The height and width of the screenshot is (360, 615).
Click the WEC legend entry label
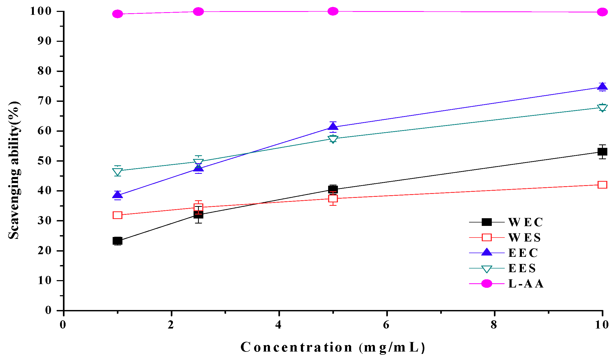tap(525, 222)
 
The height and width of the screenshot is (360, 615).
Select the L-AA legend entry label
tap(526, 284)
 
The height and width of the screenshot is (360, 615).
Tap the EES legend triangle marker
tap(487, 269)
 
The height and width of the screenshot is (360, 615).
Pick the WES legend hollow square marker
tap(487, 237)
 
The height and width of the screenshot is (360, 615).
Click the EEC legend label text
tap(523, 253)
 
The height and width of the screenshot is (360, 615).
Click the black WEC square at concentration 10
tap(602, 152)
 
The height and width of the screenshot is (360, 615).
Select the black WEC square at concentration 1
tap(117, 241)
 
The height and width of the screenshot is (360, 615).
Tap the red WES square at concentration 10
tap(602, 185)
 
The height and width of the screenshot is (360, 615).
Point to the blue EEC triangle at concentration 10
tap(602, 87)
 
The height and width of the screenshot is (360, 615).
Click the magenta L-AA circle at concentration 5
tap(333, 11)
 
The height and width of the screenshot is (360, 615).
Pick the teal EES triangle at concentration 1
tap(117, 172)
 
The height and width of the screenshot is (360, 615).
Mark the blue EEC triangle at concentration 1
tap(117, 195)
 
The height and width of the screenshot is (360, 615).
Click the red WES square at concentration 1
tap(117, 215)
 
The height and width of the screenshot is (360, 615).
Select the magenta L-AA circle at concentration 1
tap(117, 14)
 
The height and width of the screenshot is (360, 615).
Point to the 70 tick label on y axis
tap(44, 101)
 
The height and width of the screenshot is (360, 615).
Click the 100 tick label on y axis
tap(40, 11)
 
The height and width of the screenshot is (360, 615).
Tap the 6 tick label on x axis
tap(386, 325)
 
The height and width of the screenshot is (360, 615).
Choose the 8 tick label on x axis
tap(494, 325)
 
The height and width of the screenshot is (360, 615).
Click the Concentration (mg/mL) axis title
tap(333, 347)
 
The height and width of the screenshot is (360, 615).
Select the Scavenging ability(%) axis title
tap(14, 170)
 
